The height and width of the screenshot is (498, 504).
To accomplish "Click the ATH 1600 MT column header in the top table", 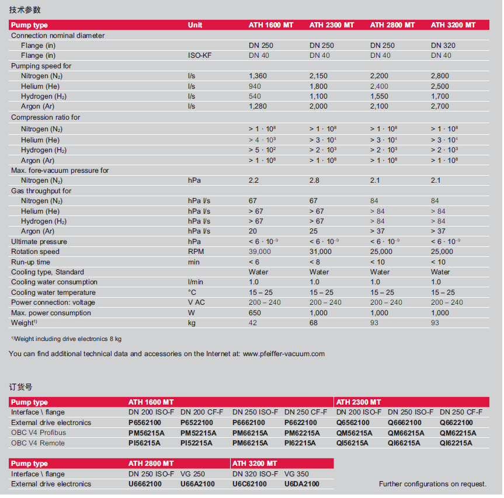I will pyautogui.click(x=271, y=25).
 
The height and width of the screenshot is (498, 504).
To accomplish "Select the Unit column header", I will pyautogui.click(x=195, y=25).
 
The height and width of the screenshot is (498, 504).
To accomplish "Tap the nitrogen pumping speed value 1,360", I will pyautogui.click(x=258, y=76).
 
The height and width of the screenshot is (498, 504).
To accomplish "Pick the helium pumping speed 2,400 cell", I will pyautogui.click(x=379, y=86).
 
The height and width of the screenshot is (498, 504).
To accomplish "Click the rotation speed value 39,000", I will pyautogui.click(x=260, y=252).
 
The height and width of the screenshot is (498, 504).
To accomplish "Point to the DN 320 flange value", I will pyautogui.click(x=443, y=46).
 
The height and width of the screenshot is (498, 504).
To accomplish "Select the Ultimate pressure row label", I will pyautogui.click(x=39, y=242).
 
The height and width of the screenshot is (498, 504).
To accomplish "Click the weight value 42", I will pyautogui.click(x=253, y=323).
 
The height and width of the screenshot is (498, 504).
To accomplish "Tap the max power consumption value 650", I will pyautogui.click(x=255, y=313).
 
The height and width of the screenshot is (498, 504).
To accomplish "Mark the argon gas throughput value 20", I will pyautogui.click(x=253, y=231).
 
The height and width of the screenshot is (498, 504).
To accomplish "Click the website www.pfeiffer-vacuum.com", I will pyautogui.click(x=283, y=353).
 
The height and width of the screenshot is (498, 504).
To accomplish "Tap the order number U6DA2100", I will pyautogui.click(x=301, y=484).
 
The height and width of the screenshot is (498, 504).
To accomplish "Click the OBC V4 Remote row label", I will pyautogui.click(x=38, y=443).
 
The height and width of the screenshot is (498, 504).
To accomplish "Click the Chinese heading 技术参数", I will pyautogui.click(x=25, y=9).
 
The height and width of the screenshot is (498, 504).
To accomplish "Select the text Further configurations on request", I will pyautogui.click(x=433, y=484).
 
